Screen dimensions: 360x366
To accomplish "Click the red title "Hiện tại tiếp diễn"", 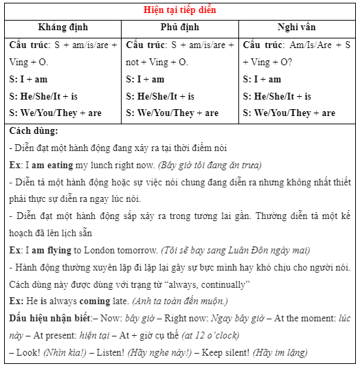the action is [x=179, y=10].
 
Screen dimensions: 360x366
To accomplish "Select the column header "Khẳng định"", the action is [x=63, y=28].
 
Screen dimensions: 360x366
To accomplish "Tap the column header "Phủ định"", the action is [x=180, y=28].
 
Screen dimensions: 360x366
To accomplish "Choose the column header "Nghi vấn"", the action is [x=297, y=28].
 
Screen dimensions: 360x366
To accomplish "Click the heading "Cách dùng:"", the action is [x=34, y=131].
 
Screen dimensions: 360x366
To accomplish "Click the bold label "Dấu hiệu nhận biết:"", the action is [x=51, y=318].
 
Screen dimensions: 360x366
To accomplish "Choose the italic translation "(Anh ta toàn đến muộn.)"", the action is [x=174, y=301].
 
